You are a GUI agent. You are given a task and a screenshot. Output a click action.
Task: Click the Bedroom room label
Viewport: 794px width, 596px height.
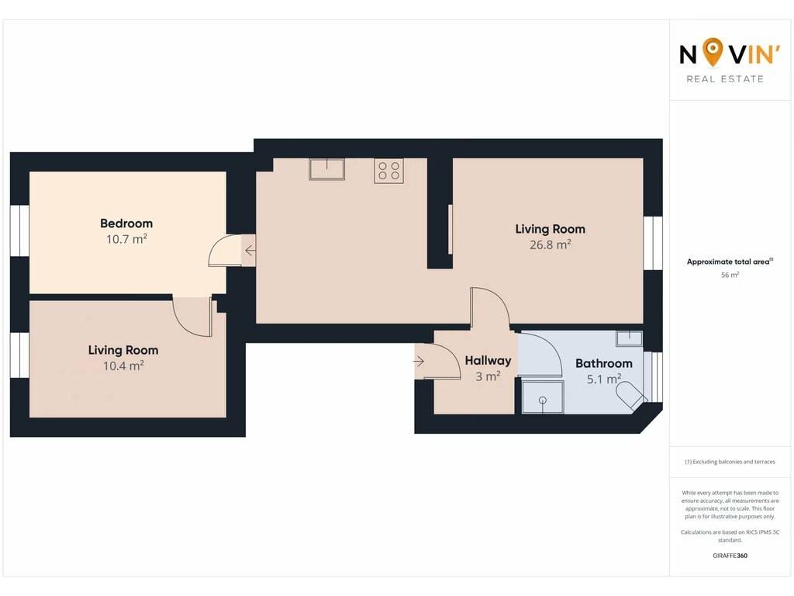(126, 223)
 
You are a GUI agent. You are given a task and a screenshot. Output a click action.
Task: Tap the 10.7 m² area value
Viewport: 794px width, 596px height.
(126, 239)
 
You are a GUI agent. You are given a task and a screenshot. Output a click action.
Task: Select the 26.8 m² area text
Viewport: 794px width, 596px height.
(550, 244)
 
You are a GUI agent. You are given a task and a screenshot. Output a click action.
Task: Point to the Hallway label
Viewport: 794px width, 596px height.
(488, 361)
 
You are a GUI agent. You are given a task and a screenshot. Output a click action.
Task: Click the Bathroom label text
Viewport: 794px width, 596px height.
(603, 363)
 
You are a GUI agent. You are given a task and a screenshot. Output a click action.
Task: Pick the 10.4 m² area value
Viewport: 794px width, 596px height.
(123, 366)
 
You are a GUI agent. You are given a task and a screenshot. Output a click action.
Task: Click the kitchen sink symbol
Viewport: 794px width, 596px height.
(326, 168)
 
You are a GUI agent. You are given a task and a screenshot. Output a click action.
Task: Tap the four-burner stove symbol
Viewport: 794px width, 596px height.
(389, 170)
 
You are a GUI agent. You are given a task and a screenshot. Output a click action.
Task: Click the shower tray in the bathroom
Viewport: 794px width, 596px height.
(542, 397)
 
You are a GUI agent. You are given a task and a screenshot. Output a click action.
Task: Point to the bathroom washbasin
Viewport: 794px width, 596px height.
(630, 338)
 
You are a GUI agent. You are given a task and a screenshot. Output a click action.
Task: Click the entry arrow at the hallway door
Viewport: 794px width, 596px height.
(418, 362)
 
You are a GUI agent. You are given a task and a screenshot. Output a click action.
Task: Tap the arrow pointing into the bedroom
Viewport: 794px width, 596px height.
(250, 251)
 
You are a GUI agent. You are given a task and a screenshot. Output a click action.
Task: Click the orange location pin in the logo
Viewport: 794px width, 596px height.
(713, 52)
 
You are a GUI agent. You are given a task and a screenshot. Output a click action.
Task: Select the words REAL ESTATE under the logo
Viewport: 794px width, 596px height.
(725, 79)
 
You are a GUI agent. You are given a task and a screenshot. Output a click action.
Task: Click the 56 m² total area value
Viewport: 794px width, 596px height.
(730, 275)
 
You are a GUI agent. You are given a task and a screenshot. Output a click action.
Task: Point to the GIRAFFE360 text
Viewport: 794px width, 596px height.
(730, 556)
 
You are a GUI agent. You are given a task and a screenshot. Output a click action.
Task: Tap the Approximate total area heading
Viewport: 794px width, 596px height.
(728, 262)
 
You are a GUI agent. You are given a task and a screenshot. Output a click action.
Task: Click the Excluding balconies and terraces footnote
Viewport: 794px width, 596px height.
(730, 462)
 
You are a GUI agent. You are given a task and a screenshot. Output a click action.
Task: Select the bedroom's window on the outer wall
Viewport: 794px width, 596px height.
(19, 230)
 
